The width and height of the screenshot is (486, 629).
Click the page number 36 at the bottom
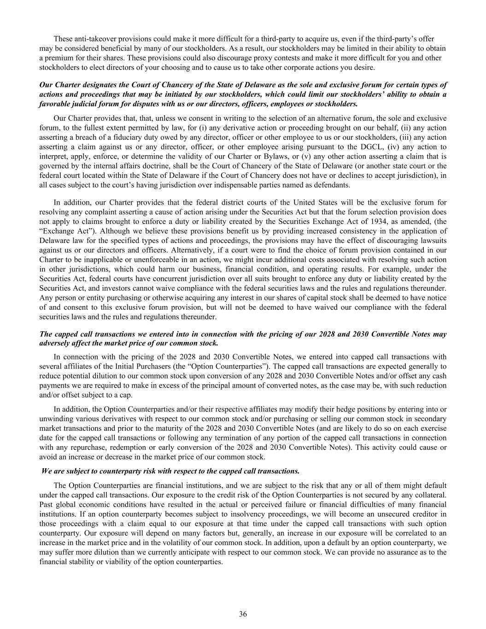(243, 614)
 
